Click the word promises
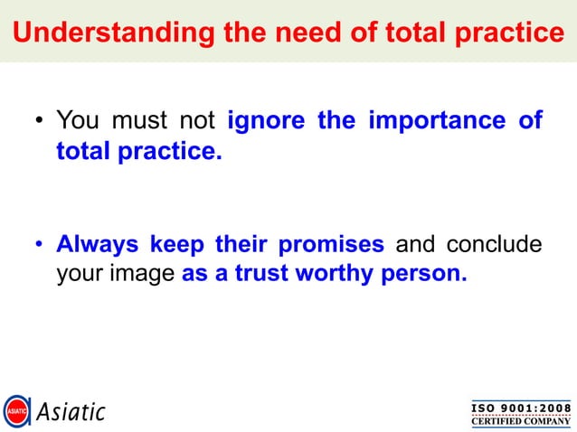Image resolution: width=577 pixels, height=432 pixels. pos(332,245)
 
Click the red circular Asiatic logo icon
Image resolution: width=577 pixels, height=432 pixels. pos(17,412)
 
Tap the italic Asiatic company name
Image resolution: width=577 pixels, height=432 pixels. pos(71,412)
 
